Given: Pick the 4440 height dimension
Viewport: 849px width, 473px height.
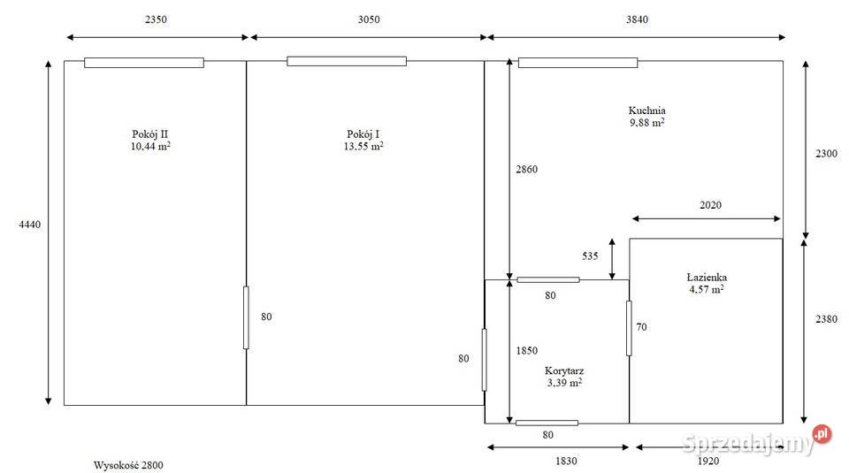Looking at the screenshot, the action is tap(30, 225).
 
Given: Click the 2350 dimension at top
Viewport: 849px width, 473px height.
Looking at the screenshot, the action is tap(156, 19).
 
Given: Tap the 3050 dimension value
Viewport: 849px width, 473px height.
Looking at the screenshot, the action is tap(369, 19).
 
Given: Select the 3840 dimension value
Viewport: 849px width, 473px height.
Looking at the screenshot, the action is tap(637, 19).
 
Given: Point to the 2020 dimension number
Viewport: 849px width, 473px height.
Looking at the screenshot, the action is tap(710, 205).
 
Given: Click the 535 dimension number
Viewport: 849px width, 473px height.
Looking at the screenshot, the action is tap(590, 256).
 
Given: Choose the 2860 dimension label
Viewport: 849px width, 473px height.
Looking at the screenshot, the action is tap(526, 170).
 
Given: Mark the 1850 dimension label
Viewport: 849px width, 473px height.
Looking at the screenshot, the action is tap(526, 351).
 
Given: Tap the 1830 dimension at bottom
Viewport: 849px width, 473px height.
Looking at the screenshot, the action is tap(566, 462).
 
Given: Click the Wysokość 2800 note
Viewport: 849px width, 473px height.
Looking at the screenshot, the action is tap(128, 465).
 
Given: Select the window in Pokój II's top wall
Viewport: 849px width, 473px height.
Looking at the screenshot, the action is tap(144, 63).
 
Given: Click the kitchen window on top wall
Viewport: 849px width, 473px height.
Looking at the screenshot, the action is tap(577, 63).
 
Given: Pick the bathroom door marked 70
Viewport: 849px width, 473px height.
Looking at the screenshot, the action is tap(629, 329).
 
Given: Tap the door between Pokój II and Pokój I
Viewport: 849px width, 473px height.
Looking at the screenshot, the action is tap(246, 317).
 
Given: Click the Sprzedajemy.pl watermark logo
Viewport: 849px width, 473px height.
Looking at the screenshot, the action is tap(756, 440).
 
